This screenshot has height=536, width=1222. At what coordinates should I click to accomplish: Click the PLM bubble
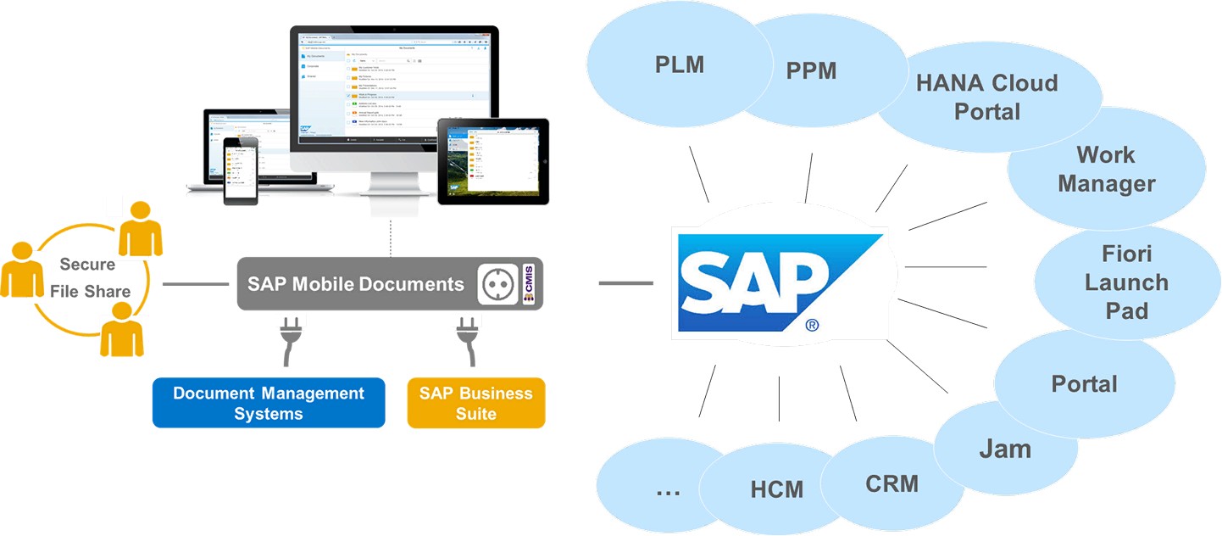(x=680, y=64)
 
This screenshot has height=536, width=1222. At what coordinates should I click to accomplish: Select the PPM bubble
(x=811, y=70)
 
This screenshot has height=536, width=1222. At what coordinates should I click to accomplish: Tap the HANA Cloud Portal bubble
(x=987, y=97)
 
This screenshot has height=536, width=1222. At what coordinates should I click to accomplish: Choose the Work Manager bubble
(x=1106, y=169)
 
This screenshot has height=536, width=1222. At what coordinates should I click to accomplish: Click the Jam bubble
(x=1005, y=449)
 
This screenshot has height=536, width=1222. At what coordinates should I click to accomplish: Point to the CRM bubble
(x=892, y=484)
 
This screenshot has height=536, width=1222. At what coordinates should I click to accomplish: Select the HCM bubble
(x=776, y=489)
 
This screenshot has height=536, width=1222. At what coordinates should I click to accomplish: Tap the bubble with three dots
(x=668, y=489)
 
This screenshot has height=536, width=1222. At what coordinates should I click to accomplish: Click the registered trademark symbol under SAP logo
(x=812, y=325)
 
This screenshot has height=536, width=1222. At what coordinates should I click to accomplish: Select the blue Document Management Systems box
(x=269, y=403)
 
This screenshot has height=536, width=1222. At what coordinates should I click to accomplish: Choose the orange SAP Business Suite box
(x=475, y=403)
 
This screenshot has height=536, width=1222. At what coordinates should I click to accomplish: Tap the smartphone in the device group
(x=240, y=170)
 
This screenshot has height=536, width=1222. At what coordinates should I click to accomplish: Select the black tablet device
(x=492, y=161)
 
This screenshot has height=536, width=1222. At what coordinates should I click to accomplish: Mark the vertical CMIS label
(x=529, y=284)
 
